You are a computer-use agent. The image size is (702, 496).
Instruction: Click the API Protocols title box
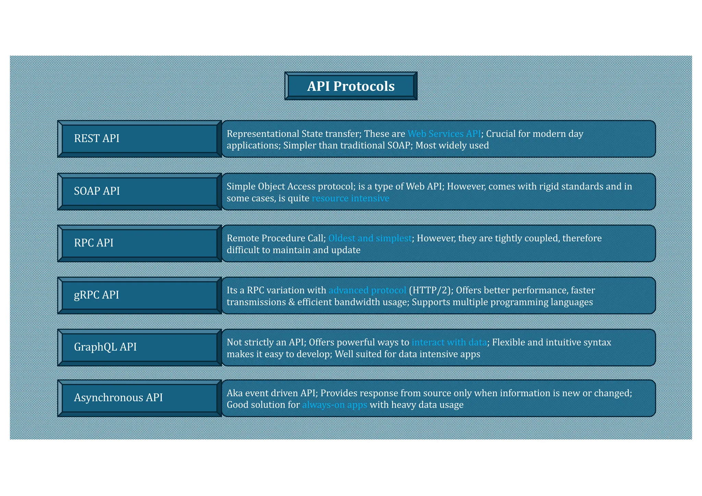(x=351, y=86)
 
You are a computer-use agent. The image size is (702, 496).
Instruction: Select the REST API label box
(x=140, y=138)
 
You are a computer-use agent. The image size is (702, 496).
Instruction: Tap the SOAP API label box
(x=140, y=191)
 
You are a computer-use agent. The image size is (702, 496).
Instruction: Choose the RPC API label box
(x=140, y=243)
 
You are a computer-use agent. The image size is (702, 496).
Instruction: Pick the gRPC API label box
(x=140, y=295)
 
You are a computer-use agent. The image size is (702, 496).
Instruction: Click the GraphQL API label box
(x=140, y=347)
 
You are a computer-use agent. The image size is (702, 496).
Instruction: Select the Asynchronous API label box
(x=140, y=398)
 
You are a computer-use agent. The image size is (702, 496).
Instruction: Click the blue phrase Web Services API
(x=444, y=134)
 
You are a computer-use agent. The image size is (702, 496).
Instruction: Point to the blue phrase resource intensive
(x=350, y=198)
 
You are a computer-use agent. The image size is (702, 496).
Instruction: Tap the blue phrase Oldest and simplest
(x=370, y=238)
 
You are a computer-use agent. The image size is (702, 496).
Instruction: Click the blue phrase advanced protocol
(x=367, y=290)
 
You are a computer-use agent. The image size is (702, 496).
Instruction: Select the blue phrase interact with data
(x=449, y=342)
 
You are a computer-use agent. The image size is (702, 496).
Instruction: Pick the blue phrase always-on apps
(x=335, y=405)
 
